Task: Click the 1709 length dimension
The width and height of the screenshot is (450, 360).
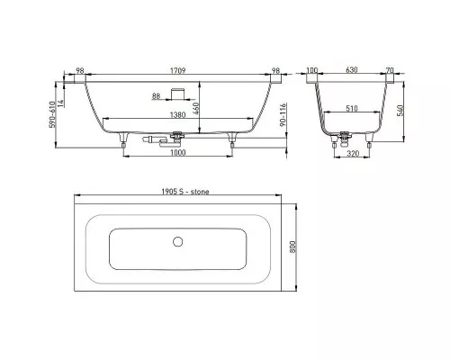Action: [x=178, y=71]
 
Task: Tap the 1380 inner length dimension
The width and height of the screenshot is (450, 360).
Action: [x=178, y=114]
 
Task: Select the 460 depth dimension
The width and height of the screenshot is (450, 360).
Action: [x=195, y=109]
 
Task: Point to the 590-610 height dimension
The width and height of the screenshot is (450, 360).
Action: [x=52, y=114]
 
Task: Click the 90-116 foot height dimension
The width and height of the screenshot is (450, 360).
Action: [x=283, y=115]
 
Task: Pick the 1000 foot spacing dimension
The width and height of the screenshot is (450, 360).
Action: [x=178, y=152]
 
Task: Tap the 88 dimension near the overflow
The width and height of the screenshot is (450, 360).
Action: [x=156, y=96]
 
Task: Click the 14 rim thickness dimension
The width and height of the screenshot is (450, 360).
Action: [x=60, y=103]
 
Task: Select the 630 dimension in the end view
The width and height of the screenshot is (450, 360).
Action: [x=352, y=70]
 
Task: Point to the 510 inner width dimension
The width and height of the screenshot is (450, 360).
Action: [x=352, y=108]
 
